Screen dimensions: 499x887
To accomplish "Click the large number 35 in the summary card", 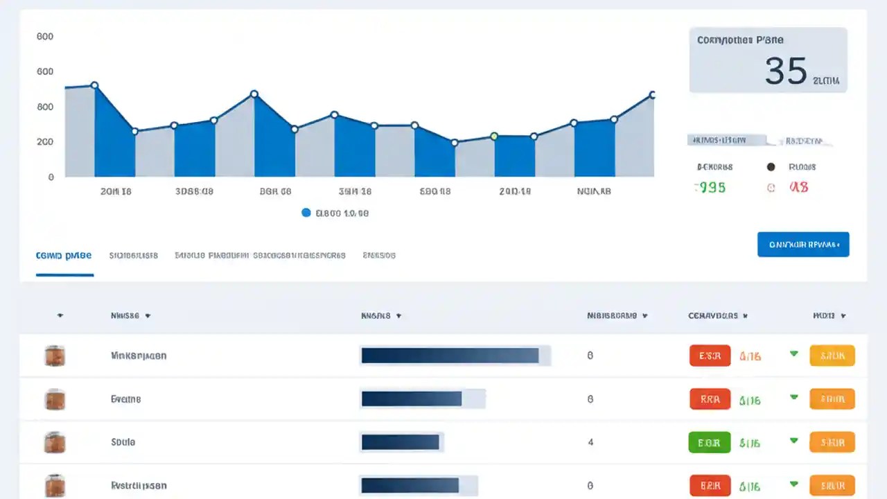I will point(786,71).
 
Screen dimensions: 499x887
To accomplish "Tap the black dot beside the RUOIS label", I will point(770,167).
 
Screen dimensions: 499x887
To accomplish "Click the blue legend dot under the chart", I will point(306,213).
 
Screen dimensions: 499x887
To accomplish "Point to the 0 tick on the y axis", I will point(51,177).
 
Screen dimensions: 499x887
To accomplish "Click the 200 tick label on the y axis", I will point(45,141).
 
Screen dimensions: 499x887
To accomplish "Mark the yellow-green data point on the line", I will point(494,137).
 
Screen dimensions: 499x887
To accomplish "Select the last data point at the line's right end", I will point(652,95).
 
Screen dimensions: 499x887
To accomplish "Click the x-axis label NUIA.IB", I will point(594,192).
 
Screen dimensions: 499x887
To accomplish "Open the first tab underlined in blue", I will point(64,256).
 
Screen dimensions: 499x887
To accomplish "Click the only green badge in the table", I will point(709,442).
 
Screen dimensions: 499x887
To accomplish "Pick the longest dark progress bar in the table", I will point(450,356).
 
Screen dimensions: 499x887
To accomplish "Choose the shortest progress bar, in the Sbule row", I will point(401,442).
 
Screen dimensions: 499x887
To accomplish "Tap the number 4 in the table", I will point(590,442).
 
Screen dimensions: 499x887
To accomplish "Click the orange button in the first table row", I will point(832,356).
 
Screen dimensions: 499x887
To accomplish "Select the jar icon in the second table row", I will point(55,399).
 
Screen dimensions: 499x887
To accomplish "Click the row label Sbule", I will point(123,442).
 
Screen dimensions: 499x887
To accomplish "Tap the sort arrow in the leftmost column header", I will point(60,316).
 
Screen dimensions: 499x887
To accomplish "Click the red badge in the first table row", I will point(710,356).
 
